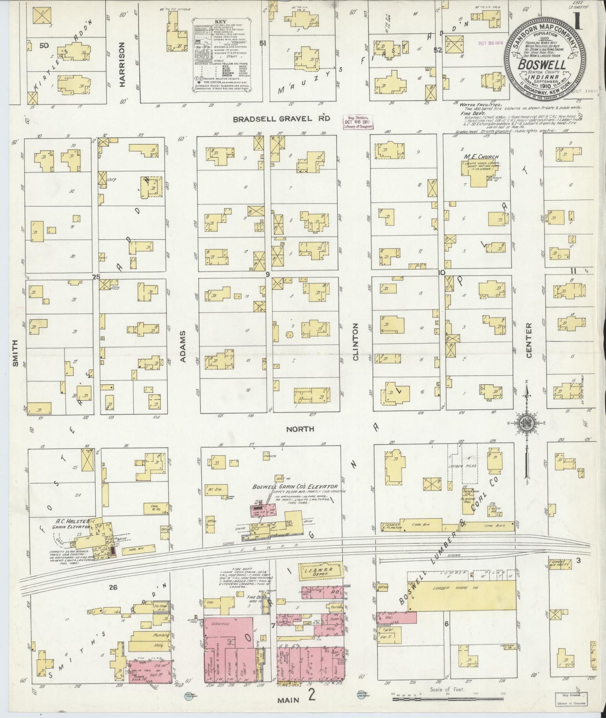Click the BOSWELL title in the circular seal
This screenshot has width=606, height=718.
pyautogui.click(x=542, y=65)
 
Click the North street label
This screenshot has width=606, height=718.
pyautogui.click(x=300, y=429)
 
